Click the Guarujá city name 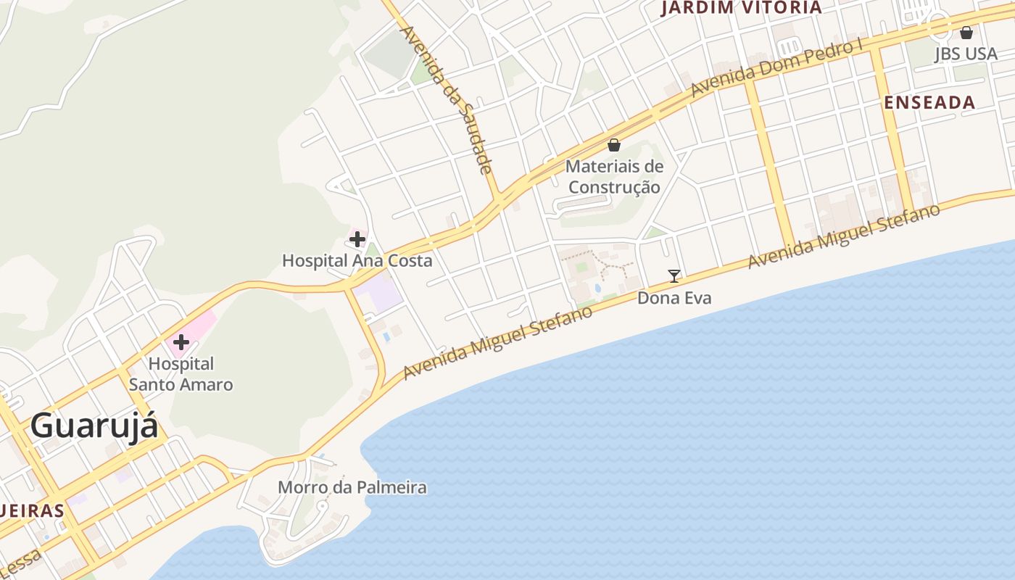(94, 426)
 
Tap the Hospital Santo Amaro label (181, 374)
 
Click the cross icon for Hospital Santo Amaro (181, 342)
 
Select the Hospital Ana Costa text (357, 260)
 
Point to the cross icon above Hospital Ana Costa (357, 239)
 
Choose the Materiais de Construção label (614, 177)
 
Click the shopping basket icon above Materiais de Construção (614, 145)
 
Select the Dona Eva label (674, 298)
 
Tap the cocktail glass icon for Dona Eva (674, 275)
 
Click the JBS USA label (966, 54)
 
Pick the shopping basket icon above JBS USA (966, 33)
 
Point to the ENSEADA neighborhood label (929, 102)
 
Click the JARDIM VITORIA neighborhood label (742, 8)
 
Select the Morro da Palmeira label (352, 487)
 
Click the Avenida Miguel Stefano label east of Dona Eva (844, 236)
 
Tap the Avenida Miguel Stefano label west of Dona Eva (497, 342)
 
